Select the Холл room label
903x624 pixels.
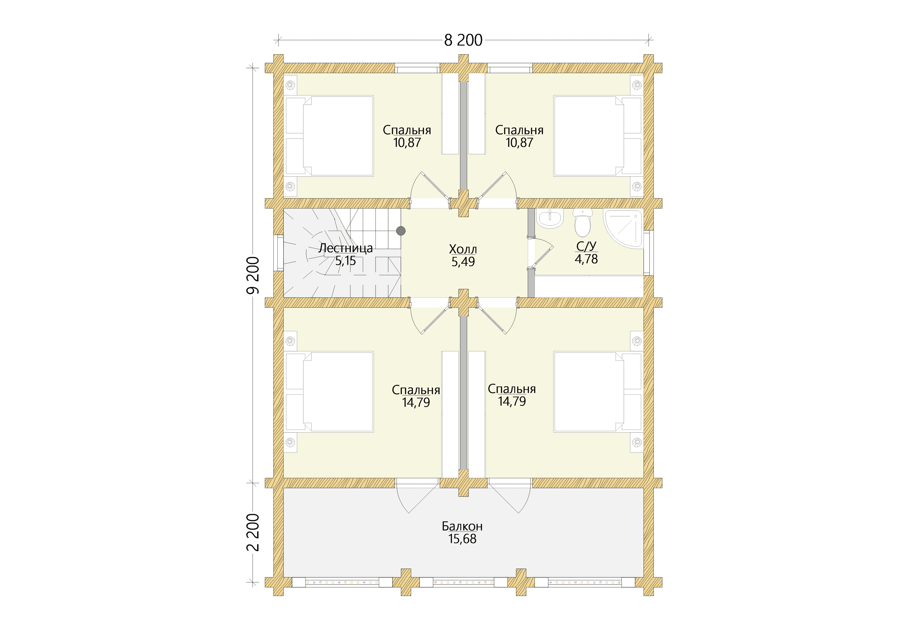pos(463,249)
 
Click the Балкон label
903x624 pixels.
pos(462,526)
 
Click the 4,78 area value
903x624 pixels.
pos(586,259)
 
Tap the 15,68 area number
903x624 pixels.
pos(462,539)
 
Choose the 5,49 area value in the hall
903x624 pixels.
pos(463,262)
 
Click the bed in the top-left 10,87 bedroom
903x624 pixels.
pos(329,136)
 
